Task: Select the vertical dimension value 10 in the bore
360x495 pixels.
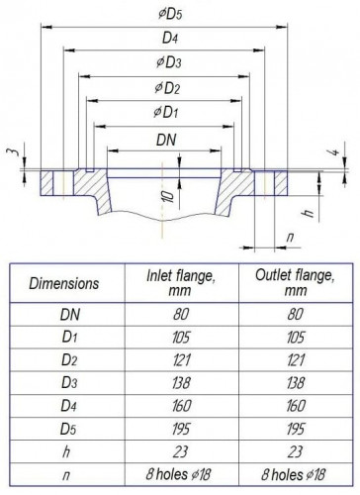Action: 171,196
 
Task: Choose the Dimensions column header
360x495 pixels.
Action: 63,282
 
